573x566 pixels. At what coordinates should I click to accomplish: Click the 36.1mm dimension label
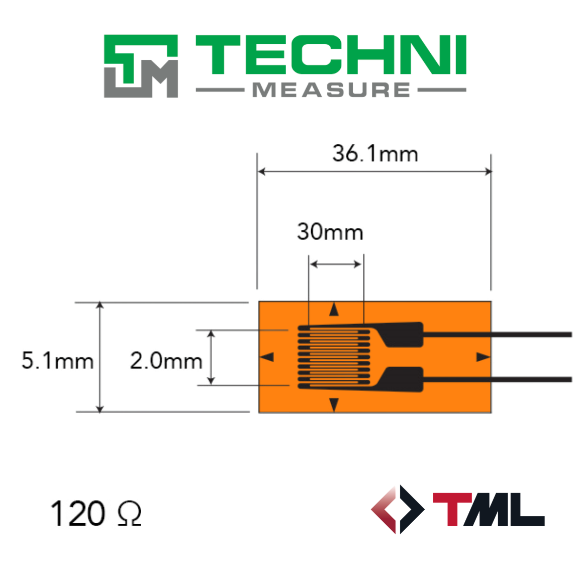(x=375, y=153)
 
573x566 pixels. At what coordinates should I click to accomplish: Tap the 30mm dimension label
(x=330, y=232)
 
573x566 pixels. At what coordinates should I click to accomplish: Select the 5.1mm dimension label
(x=57, y=360)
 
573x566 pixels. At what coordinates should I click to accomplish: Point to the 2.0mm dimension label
(x=166, y=360)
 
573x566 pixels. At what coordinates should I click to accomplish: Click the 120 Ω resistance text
(x=95, y=513)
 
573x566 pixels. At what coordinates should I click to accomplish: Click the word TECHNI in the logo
(x=331, y=54)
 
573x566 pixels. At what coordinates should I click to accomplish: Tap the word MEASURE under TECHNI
(x=331, y=90)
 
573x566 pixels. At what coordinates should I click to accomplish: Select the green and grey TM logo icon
(x=141, y=66)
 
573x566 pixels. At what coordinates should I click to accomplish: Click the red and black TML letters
(x=489, y=509)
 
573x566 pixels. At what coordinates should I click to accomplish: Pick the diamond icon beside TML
(x=398, y=509)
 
